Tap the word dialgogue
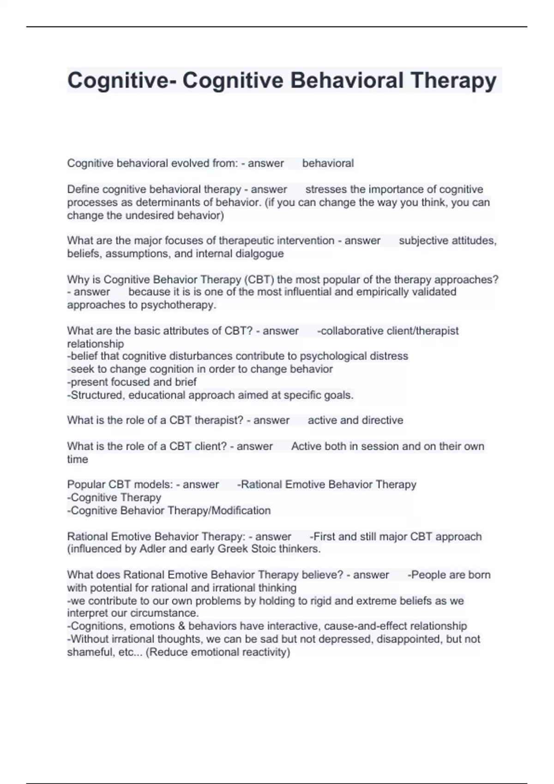tap(259, 254)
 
